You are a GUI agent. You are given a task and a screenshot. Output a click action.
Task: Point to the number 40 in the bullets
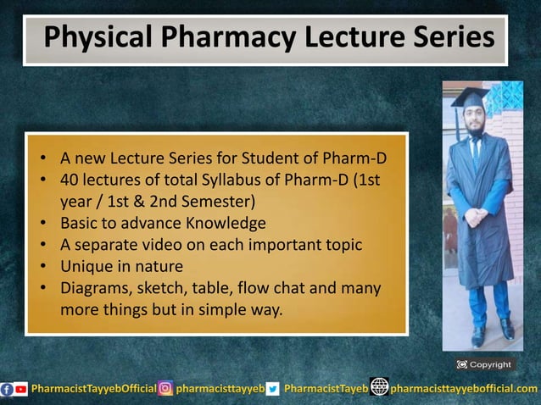pyautogui.click(x=69, y=180)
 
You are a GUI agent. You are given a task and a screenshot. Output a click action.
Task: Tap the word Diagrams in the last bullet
pyautogui.click(x=94, y=289)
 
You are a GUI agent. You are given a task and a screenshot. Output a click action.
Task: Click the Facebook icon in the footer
pyautogui.click(x=8, y=389)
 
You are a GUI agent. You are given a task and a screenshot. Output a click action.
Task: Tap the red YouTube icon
pyautogui.click(x=22, y=389)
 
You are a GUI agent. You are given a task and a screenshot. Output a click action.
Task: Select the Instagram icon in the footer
pyautogui.click(x=166, y=389)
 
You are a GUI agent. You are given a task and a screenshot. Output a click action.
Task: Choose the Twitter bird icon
pyautogui.click(x=272, y=389)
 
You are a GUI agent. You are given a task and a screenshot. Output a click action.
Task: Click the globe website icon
pyautogui.click(x=379, y=388)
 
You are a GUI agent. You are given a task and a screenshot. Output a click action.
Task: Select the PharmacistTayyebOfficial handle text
pyautogui.click(x=93, y=389)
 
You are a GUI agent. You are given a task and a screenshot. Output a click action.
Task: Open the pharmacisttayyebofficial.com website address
pyautogui.click(x=464, y=389)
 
